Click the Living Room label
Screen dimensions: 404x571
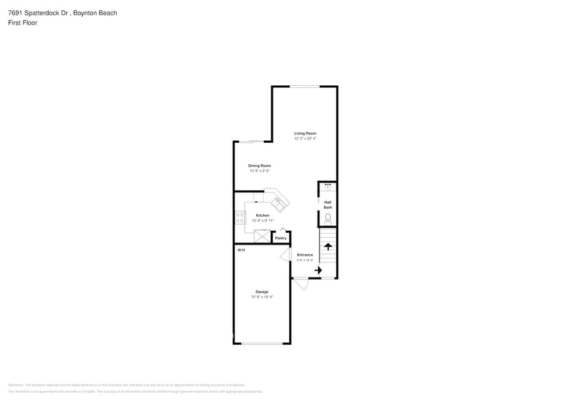pyautogui.click(x=305, y=133)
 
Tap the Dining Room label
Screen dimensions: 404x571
pyautogui.click(x=259, y=166)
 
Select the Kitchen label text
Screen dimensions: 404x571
pyautogui.click(x=262, y=215)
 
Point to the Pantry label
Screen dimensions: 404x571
pyautogui.click(x=280, y=238)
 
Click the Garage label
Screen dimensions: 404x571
pyautogui.click(x=262, y=291)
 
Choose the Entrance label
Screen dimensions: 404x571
pyautogui.click(x=304, y=255)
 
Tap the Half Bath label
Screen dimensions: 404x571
pyautogui.click(x=328, y=204)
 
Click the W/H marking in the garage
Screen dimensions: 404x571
pyautogui.click(x=241, y=250)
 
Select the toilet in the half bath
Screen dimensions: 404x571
pyautogui.click(x=328, y=218)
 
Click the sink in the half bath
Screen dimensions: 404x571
pyautogui.click(x=328, y=186)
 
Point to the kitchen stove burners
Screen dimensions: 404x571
pyautogui.click(x=240, y=216)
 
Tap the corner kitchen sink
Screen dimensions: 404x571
pyautogui.click(x=278, y=203)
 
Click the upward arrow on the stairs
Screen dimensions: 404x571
pyautogui.click(x=328, y=246)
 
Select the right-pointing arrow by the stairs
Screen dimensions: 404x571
pyautogui.click(x=318, y=271)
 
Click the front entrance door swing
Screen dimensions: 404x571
pyautogui.click(x=301, y=283)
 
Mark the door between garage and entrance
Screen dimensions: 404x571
pyautogui.click(x=285, y=254)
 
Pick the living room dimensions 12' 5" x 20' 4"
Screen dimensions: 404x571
pyautogui.click(x=305, y=139)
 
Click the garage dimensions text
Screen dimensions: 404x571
pyautogui.click(x=262, y=297)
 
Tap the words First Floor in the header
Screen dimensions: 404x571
pyautogui.click(x=23, y=23)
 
